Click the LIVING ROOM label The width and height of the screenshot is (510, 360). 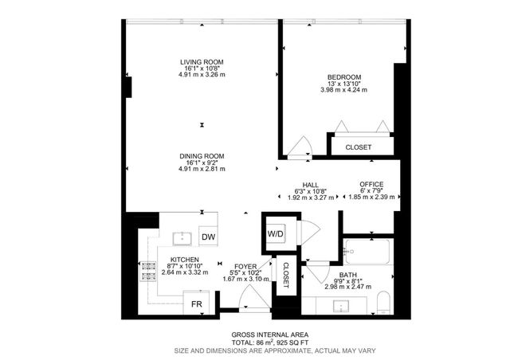pos(201,61)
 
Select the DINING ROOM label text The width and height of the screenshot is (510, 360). pos(201,156)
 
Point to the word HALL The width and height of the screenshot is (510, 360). pos(300,184)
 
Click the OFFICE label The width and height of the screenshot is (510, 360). pos(371,184)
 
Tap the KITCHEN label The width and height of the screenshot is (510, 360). pos(183,260)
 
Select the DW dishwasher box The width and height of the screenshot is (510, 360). pos(208,237)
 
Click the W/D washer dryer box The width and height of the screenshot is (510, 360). pos(276,234)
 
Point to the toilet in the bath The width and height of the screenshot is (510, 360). pos(382,302)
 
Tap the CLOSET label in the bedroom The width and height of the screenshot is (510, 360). pos(358,147)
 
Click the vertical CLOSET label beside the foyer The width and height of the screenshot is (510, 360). pos(284,276)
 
